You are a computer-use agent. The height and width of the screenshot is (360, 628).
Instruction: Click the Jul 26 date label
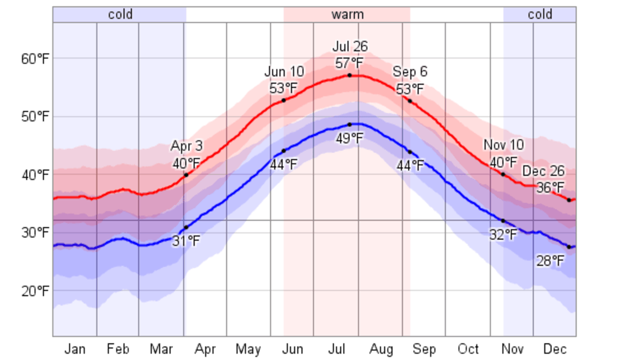[x=350, y=47]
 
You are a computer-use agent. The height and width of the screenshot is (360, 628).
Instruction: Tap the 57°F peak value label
[x=349, y=63]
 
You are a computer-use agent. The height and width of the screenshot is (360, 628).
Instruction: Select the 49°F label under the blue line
[x=349, y=138]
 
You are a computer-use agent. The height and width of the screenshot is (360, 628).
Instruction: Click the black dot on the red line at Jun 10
[x=284, y=101]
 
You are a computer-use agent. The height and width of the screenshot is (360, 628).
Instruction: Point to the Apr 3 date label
[x=186, y=146]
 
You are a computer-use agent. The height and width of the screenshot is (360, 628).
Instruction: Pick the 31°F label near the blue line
[x=186, y=241]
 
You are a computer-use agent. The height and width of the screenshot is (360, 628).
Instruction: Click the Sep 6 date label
[x=410, y=72]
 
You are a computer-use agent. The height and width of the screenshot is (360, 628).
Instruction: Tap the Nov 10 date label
[x=503, y=145]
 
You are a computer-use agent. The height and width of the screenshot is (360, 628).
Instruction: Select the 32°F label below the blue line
[x=503, y=235]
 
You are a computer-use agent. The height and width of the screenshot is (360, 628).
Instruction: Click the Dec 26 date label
[x=543, y=171]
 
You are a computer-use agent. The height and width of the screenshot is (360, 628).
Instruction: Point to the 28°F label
[x=550, y=261]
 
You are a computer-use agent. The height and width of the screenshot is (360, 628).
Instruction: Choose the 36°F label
[x=550, y=187]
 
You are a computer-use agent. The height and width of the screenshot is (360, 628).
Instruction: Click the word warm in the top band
[x=347, y=14]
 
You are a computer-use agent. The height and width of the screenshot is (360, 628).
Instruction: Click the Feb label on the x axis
[x=118, y=349]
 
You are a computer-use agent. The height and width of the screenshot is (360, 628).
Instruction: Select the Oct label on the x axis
[x=468, y=349]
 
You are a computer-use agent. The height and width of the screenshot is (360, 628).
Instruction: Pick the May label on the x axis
[x=248, y=349]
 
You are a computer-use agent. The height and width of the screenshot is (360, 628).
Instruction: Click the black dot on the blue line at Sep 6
[x=410, y=152]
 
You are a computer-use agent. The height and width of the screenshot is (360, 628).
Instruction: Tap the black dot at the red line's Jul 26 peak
[x=349, y=75]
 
